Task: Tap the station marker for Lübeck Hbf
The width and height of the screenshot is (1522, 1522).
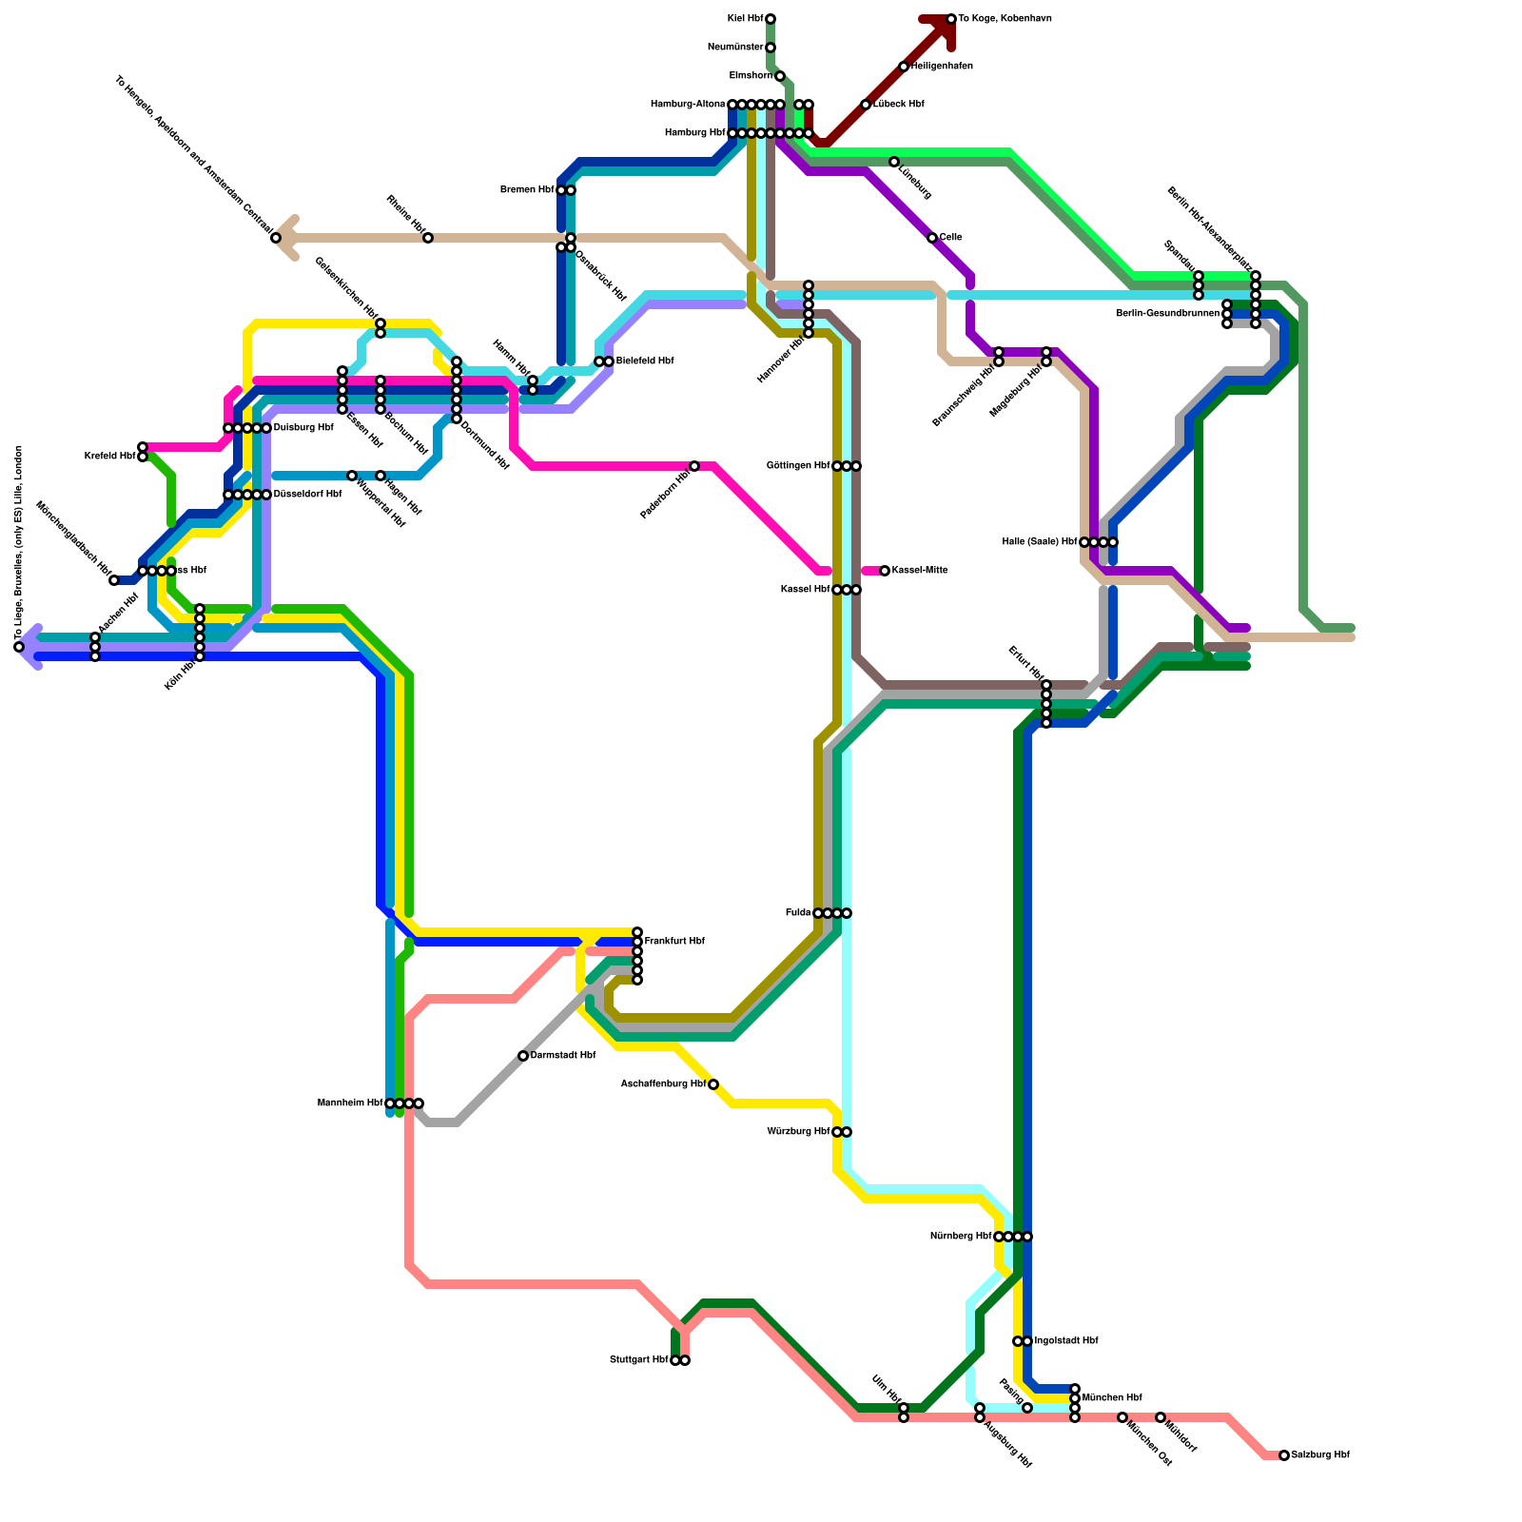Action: [866, 105]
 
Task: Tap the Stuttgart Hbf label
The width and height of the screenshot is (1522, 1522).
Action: [638, 1360]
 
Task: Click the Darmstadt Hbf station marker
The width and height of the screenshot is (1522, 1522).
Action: [523, 1056]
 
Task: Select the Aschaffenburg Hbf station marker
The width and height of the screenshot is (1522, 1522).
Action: [713, 1084]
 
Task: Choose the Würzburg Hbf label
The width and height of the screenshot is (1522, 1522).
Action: [798, 1132]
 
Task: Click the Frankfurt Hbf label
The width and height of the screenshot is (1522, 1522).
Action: [674, 942]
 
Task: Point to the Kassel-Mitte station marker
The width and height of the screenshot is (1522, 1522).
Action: [885, 571]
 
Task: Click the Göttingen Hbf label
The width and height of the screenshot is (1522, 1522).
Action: [798, 466]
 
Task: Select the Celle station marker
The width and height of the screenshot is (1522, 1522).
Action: [932, 238]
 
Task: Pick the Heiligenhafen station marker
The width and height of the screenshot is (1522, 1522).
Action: [904, 67]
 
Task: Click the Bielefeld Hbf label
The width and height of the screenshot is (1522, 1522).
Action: [644, 361]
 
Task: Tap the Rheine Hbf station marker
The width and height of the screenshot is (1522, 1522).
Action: [428, 238]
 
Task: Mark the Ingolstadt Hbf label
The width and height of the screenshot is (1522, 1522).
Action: [1065, 1341]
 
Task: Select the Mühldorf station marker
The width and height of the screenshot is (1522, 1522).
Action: [1161, 1417]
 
